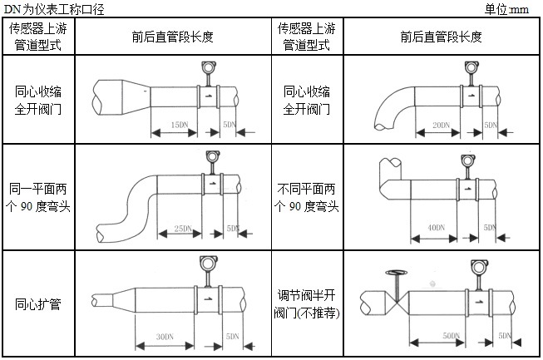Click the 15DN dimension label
[177, 124]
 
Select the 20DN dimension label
[441, 125]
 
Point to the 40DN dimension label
[432, 226]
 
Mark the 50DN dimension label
[452, 334]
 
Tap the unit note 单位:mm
[506, 9]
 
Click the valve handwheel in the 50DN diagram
[395, 272]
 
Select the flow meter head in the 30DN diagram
[204, 264]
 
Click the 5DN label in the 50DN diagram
[504, 334]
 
